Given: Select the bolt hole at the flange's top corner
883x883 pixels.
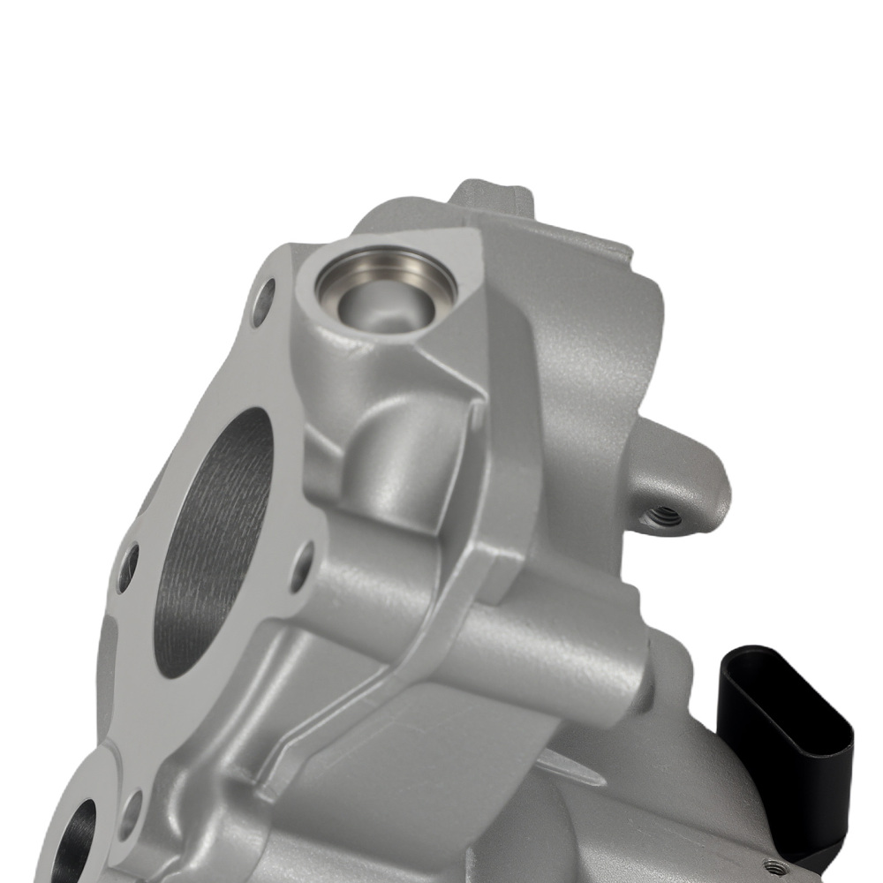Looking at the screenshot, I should tap(263, 302).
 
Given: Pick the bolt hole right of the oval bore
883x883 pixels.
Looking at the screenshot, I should tap(303, 565).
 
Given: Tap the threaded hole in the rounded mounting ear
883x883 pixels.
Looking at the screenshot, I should tap(664, 514).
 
